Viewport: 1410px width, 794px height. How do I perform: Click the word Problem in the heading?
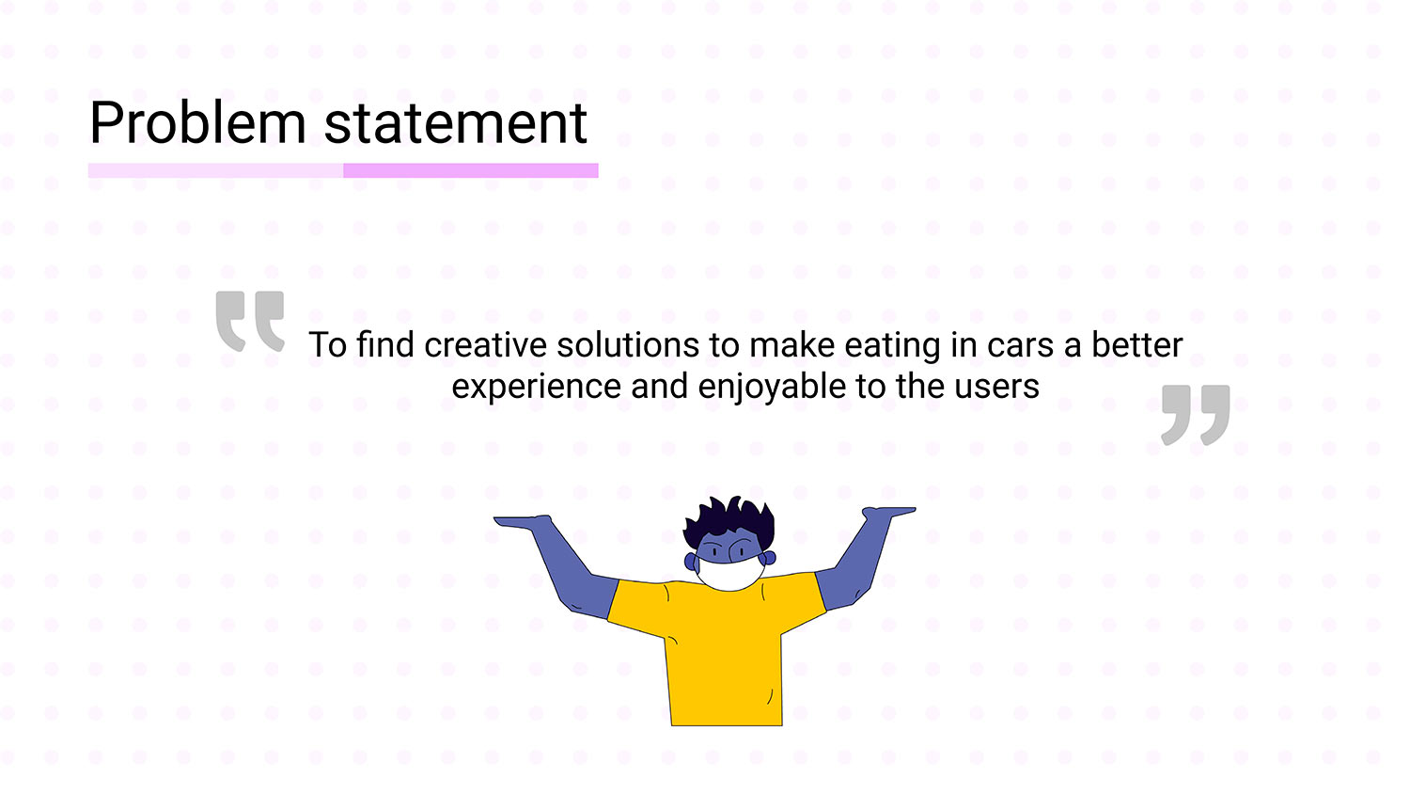(x=197, y=122)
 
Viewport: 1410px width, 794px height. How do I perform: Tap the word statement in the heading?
(x=456, y=123)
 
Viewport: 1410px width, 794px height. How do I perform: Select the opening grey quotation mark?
(x=250, y=321)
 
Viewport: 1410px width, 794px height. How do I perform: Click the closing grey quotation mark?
(x=1196, y=415)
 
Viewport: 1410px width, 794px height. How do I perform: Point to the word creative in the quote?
(x=485, y=345)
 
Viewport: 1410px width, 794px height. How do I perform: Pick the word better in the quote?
(x=1136, y=344)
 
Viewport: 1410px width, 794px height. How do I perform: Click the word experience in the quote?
(x=537, y=387)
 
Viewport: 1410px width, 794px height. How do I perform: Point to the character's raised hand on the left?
(x=523, y=521)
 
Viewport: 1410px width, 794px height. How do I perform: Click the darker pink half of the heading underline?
(x=471, y=170)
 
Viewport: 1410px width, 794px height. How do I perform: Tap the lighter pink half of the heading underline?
(x=216, y=170)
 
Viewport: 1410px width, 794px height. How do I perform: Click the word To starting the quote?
(x=327, y=345)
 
